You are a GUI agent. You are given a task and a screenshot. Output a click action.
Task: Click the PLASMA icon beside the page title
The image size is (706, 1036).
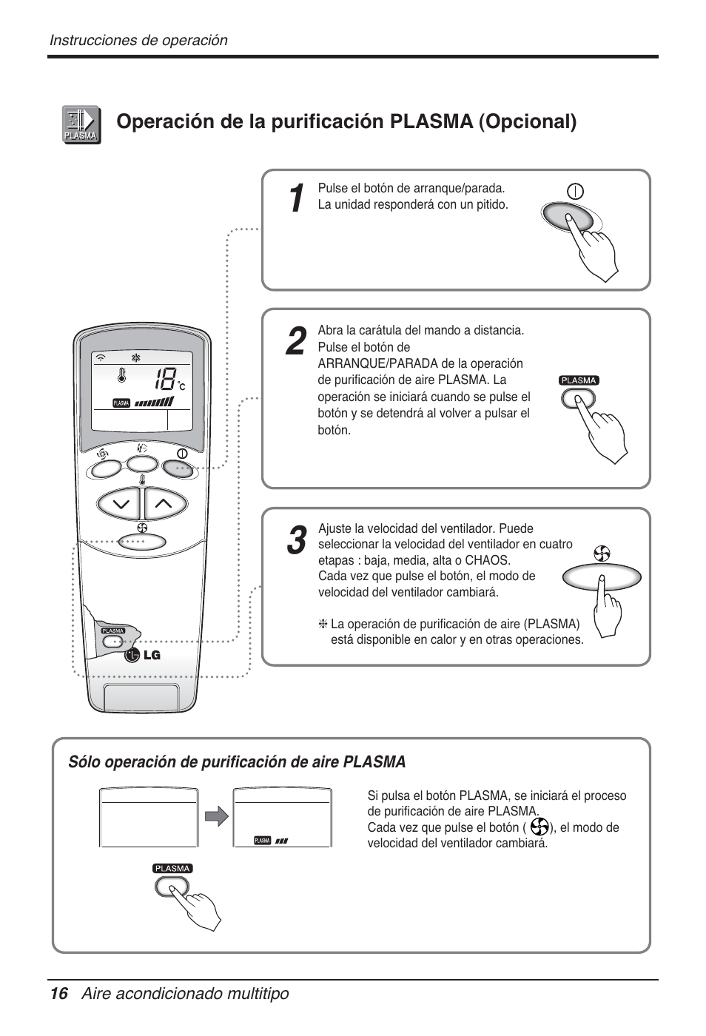[x=81, y=124]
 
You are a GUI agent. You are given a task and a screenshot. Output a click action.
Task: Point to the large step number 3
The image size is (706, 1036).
[x=296, y=541]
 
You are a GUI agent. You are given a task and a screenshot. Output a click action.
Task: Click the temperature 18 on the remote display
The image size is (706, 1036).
[x=166, y=381]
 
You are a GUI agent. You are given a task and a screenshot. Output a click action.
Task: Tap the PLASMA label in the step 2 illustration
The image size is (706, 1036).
[x=579, y=380]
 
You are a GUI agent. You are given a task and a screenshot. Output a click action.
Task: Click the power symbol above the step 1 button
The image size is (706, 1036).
[x=575, y=191]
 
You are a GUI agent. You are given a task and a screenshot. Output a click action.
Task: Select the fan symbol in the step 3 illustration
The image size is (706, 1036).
[x=602, y=554]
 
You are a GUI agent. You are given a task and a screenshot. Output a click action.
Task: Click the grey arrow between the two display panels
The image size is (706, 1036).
[x=216, y=816]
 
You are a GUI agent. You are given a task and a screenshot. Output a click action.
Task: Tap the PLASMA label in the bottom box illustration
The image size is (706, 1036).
[x=172, y=869]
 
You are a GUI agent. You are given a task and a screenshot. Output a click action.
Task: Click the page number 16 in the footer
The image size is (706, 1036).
[x=59, y=994]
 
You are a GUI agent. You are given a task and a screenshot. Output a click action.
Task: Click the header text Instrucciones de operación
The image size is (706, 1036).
[x=138, y=41]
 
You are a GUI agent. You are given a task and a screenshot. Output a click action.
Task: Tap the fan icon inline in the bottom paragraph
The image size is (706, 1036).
[x=539, y=827]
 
